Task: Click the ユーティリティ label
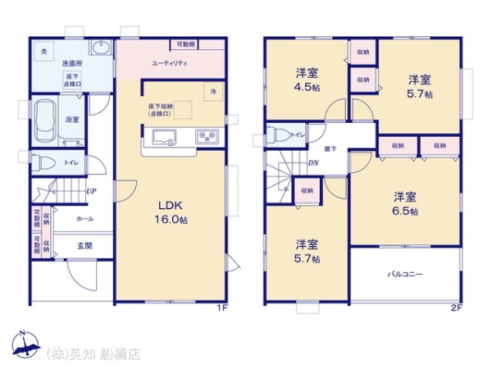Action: click(x=170, y=63)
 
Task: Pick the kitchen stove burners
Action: click(x=204, y=136)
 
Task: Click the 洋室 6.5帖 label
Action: click(x=404, y=203)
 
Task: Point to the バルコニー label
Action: click(x=405, y=275)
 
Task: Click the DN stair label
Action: click(x=313, y=162)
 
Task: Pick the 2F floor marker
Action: click(x=456, y=308)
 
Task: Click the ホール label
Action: click(x=84, y=219)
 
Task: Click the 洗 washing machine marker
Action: click(x=43, y=51)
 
